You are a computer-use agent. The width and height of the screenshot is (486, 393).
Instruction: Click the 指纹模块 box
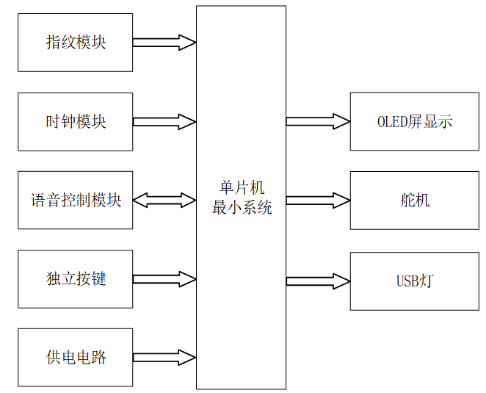(x=76, y=43)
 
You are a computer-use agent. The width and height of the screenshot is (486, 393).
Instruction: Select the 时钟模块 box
(x=76, y=121)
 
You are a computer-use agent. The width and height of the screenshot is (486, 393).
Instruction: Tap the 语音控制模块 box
(x=76, y=200)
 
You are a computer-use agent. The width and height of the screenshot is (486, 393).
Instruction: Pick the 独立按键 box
(x=76, y=278)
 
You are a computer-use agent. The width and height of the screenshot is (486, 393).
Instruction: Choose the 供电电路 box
(x=76, y=357)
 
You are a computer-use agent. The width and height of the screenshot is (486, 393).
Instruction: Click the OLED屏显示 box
(x=414, y=121)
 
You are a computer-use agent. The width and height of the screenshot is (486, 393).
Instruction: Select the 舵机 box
(x=414, y=200)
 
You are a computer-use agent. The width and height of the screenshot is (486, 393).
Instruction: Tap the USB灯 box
(x=414, y=281)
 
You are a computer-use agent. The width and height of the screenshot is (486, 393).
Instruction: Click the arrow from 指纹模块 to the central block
(x=164, y=43)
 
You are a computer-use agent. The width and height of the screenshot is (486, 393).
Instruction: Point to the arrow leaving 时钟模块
(x=164, y=121)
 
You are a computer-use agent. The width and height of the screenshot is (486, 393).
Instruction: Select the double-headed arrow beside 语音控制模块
(x=164, y=200)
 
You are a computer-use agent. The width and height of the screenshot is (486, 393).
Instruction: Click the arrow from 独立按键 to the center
(x=164, y=278)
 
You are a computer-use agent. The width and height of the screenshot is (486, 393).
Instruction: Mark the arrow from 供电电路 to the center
(x=164, y=357)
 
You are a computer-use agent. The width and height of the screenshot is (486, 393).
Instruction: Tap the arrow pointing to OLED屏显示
(x=318, y=121)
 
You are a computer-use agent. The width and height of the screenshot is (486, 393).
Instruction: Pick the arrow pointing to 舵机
(x=318, y=200)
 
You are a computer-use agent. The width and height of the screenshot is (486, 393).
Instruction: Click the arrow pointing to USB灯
(x=318, y=281)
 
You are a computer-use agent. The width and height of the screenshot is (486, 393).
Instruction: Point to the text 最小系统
(x=242, y=208)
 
